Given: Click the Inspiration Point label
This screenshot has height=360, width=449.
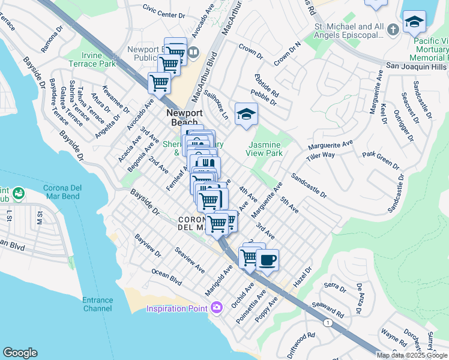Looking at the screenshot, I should click(x=178, y=309).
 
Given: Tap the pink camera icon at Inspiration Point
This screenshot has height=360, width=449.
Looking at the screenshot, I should click(x=216, y=308).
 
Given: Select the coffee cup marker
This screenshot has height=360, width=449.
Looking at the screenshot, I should click(x=267, y=261).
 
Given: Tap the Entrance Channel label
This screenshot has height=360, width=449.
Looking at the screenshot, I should click(x=97, y=304).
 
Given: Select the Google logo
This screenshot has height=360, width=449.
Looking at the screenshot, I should click(x=20, y=353).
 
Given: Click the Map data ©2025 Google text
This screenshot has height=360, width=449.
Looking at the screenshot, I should click(x=412, y=355).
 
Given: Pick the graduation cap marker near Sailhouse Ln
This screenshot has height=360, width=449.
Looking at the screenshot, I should click(x=246, y=114).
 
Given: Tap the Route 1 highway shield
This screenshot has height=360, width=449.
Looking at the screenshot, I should click(x=328, y=322).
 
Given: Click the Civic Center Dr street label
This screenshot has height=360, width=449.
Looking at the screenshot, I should click(x=163, y=11).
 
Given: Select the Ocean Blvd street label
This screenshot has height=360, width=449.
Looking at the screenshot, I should click(x=166, y=276).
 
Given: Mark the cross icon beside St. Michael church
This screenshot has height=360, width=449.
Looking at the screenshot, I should click(x=393, y=29).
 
